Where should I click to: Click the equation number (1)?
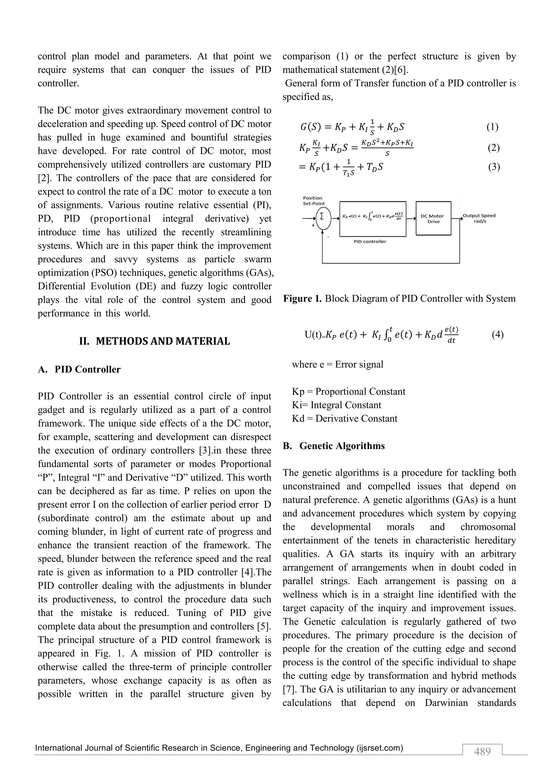click(492, 127)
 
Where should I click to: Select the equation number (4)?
click(497, 334)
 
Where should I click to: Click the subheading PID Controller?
click(87, 369)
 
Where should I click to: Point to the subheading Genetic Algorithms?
click(342, 446)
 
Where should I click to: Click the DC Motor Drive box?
click(433, 219)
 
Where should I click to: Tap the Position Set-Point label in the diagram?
click(314, 201)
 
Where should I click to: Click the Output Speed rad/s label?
click(479, 218)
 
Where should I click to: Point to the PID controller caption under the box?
click(370, 241)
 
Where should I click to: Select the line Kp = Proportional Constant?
click(348, 391)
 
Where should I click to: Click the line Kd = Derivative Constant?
click(345, 419)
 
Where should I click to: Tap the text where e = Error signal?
click(337, 364)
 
